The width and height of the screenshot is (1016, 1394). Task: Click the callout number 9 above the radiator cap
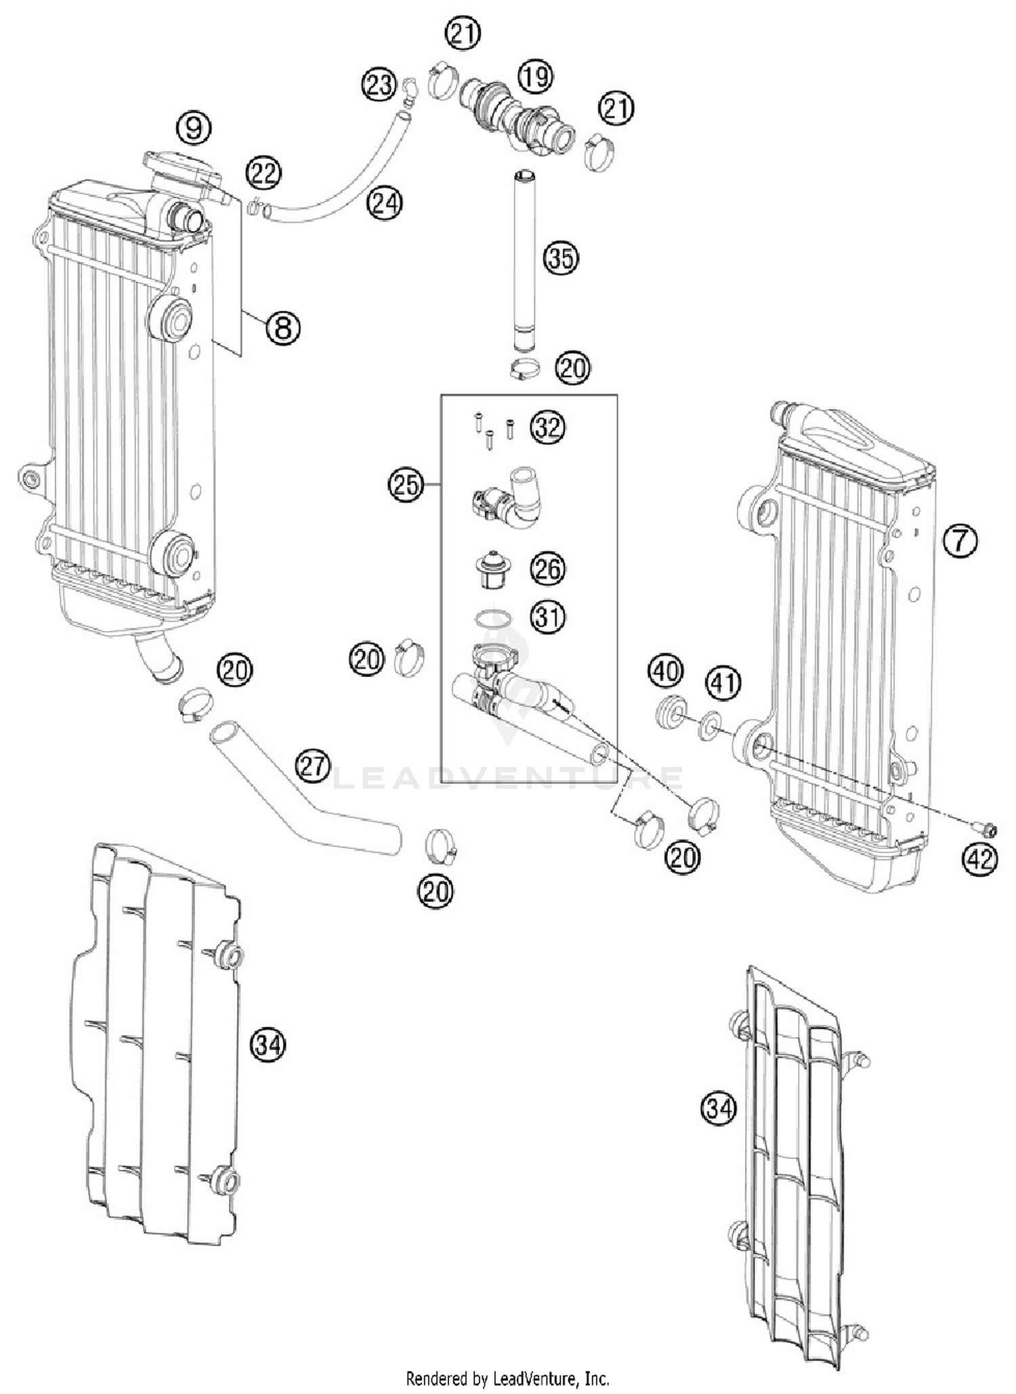(x=194, y=127)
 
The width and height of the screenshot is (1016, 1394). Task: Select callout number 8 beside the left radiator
(x=282, y=328)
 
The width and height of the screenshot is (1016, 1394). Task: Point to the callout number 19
(x=536, y=76)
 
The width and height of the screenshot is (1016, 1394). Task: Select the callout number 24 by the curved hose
(x=385, y=202)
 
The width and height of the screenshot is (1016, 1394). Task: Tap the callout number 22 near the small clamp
(x=263, y=173)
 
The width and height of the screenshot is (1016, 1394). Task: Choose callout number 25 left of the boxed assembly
(x=405, y=485)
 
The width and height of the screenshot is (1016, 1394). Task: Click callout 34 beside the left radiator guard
(x=268, y=1045)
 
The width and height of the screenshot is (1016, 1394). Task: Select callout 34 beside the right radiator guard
(x=718, y=1109)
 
